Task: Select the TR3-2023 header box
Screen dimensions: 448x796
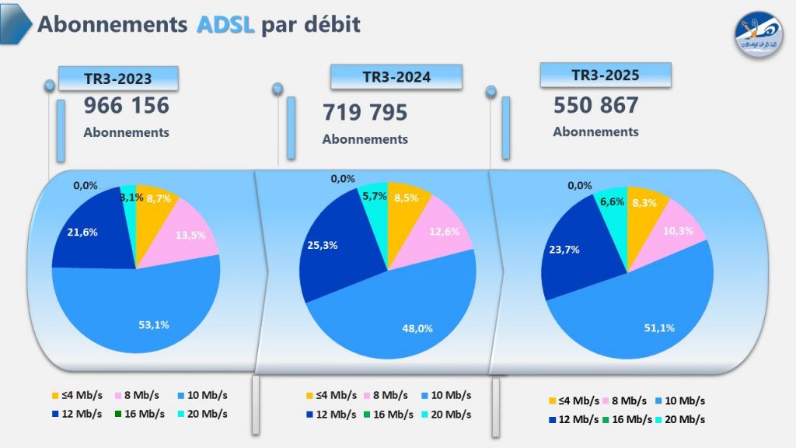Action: [117, 78]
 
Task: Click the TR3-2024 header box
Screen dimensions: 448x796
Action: [396, 76]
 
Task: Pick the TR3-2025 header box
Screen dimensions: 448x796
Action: [605, 75]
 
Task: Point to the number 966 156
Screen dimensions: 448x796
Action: [127, 105]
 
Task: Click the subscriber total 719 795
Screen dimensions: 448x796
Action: [365, 113]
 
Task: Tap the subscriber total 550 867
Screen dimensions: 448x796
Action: [596, 105]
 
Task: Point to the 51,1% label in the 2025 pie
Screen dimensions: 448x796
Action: [658, 327]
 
